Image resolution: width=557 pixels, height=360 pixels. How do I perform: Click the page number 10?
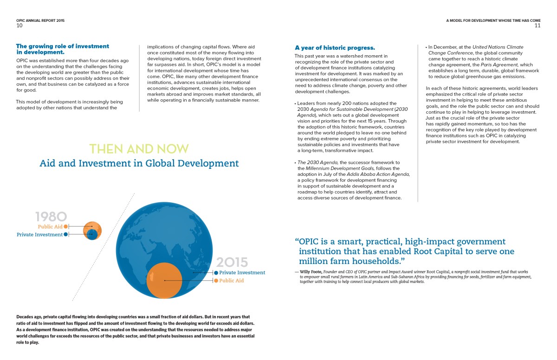(19, 26)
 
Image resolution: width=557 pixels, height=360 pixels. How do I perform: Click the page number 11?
(538, 26)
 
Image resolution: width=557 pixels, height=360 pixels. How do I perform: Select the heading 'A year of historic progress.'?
(335, 48)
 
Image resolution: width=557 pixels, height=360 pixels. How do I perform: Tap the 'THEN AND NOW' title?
(139, 149)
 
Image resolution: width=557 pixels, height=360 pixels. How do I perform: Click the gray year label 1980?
(51, 216)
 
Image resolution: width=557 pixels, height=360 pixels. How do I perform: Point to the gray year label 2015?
(232, 262)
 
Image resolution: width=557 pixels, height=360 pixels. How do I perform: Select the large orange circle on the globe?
(165, 280)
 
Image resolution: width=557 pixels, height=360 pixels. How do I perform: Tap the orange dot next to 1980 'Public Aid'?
(66, 226)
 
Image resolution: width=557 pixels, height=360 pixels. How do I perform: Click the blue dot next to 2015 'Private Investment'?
(216, 273)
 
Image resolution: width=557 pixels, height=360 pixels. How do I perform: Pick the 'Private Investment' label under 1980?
(39, 235)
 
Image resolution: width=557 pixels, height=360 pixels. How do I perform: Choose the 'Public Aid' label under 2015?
(231, 281)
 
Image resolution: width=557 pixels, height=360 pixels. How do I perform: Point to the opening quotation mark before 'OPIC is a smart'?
(297, 242)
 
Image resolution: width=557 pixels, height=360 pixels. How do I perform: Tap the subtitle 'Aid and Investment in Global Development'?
(139, 163)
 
